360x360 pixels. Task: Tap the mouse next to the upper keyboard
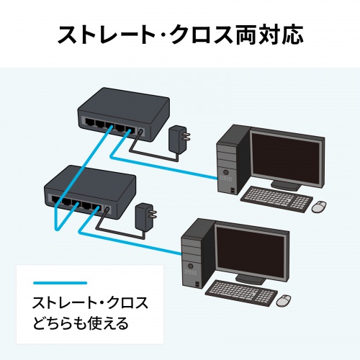(319, 207)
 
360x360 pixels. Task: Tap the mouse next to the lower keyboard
(284, 299)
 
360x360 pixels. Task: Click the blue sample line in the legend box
(60, 283)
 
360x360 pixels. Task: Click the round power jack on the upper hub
(140, 132)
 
